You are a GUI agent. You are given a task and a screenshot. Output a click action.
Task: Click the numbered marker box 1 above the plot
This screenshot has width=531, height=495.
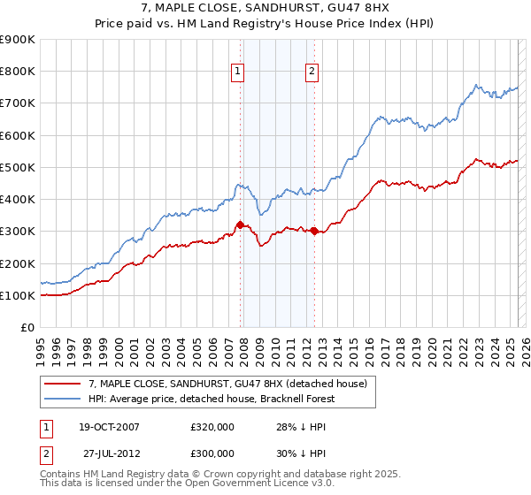(x=239, y=73)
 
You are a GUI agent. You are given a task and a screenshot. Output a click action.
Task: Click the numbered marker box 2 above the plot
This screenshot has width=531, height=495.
(x=313, y=73)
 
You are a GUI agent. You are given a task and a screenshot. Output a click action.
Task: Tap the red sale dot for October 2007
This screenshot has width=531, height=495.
(x=240, y=225)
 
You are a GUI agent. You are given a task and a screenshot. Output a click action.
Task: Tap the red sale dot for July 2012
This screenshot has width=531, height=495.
(x=314, y=231)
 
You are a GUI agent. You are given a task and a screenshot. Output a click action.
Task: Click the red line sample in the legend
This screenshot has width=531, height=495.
(x=64, y=383)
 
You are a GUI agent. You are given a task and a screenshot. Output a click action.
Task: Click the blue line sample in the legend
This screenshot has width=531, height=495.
(x=64, y=399)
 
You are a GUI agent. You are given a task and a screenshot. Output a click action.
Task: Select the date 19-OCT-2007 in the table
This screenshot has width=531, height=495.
(x=109, y=427)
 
